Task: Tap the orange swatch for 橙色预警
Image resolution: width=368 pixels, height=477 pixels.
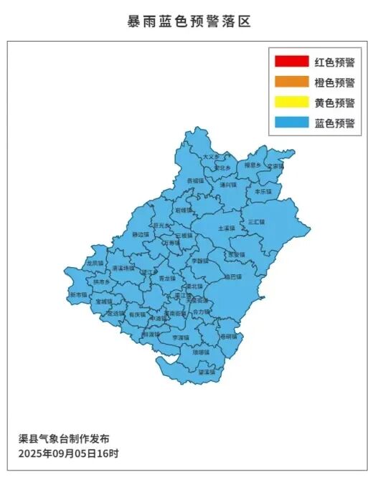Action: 291,83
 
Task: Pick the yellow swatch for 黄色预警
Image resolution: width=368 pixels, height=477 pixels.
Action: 291,103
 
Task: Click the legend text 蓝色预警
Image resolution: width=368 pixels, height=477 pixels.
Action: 334,123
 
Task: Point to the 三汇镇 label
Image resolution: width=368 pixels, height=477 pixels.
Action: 256,222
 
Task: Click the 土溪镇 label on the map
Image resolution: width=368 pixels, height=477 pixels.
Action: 226,228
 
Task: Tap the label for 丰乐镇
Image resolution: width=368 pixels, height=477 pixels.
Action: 263,192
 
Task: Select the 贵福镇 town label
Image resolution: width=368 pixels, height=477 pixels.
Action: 195,181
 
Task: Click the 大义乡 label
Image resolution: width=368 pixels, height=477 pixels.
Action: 210,156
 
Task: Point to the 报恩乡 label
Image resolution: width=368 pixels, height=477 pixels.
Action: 253,165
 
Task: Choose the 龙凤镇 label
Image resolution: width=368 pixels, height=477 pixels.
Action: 95,264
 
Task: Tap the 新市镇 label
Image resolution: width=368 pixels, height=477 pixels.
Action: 78,294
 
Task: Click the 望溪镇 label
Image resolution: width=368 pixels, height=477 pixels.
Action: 206,372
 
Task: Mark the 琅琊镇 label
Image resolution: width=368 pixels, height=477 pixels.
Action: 201,352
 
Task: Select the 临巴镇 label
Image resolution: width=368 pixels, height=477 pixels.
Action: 233,276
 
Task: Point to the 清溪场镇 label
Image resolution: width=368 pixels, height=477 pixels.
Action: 123,268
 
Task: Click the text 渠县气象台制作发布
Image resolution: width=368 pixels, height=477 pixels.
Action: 64,438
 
